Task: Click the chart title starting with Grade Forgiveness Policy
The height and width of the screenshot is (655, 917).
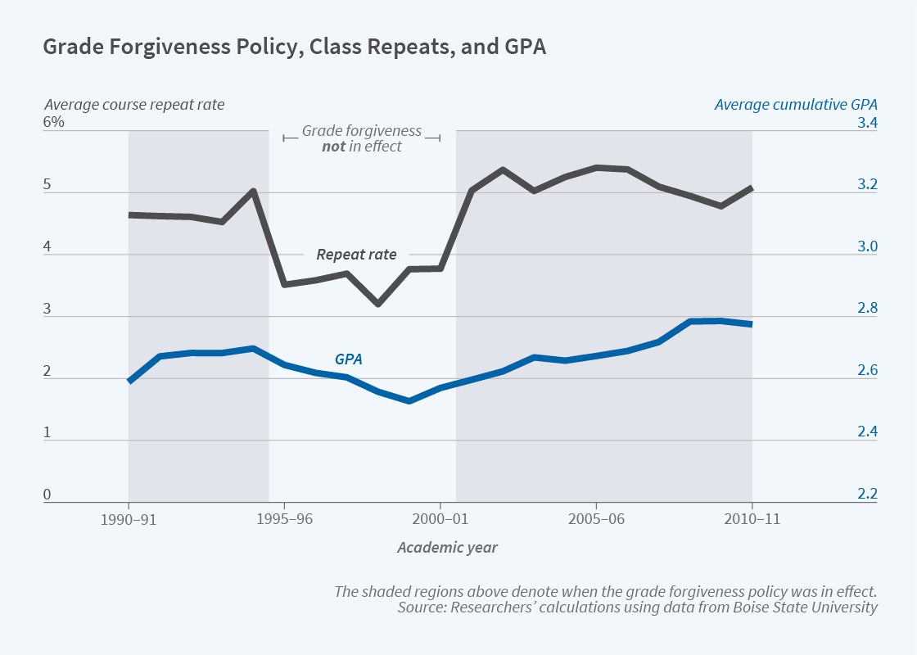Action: click(294, 47)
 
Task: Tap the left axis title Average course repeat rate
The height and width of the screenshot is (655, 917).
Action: click(133, 105)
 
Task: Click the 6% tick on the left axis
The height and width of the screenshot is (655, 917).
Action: click(54, 123)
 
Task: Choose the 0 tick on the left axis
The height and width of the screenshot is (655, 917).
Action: click(47, 495)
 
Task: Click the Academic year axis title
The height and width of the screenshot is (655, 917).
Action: click(447, 548)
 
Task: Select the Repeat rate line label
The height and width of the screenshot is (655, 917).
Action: click(356, 255)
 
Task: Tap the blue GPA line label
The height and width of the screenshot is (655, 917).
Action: click(348, 359)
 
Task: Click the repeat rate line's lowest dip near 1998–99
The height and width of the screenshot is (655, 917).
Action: click(378, 304)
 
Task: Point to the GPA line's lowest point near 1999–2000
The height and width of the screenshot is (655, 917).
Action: click(409, 401)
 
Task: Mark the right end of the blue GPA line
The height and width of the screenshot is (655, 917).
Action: click(751, 324)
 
